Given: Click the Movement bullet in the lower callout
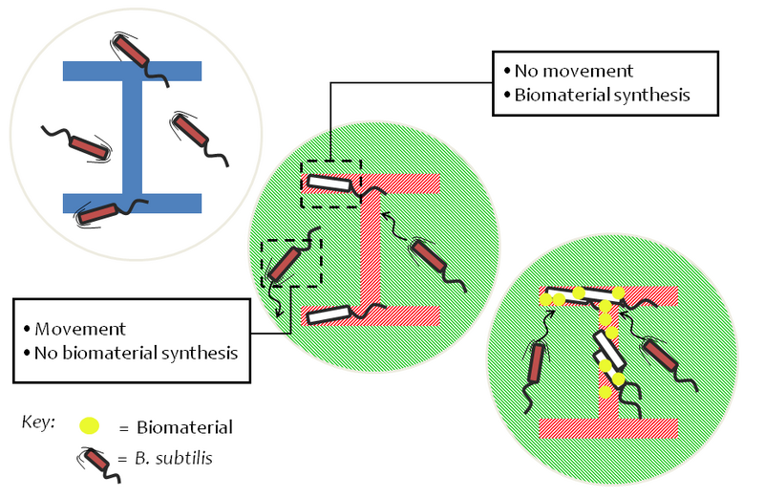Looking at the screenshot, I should pyautogui.click(x=81, y=329).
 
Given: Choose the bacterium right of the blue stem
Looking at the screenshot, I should pyautogui.click(x=190, y=131).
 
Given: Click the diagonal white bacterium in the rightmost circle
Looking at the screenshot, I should pyautogui.click(x=612, y=351).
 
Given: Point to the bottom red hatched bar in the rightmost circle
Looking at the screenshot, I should pyautogui.click(x=608, y=427).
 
